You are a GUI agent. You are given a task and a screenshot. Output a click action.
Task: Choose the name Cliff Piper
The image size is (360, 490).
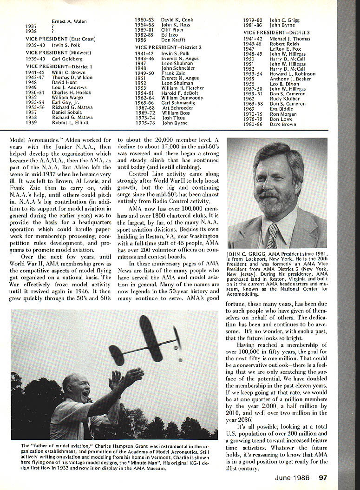point(172,30)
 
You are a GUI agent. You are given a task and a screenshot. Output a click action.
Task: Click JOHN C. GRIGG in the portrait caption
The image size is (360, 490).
point(245,255)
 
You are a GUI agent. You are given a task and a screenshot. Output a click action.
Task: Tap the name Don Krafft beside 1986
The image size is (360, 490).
point(173,40)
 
